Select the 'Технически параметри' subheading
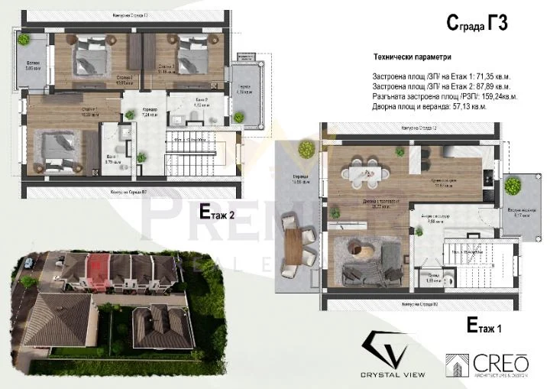click(x=412, y=57)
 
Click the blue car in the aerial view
click(x=28, y=263)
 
